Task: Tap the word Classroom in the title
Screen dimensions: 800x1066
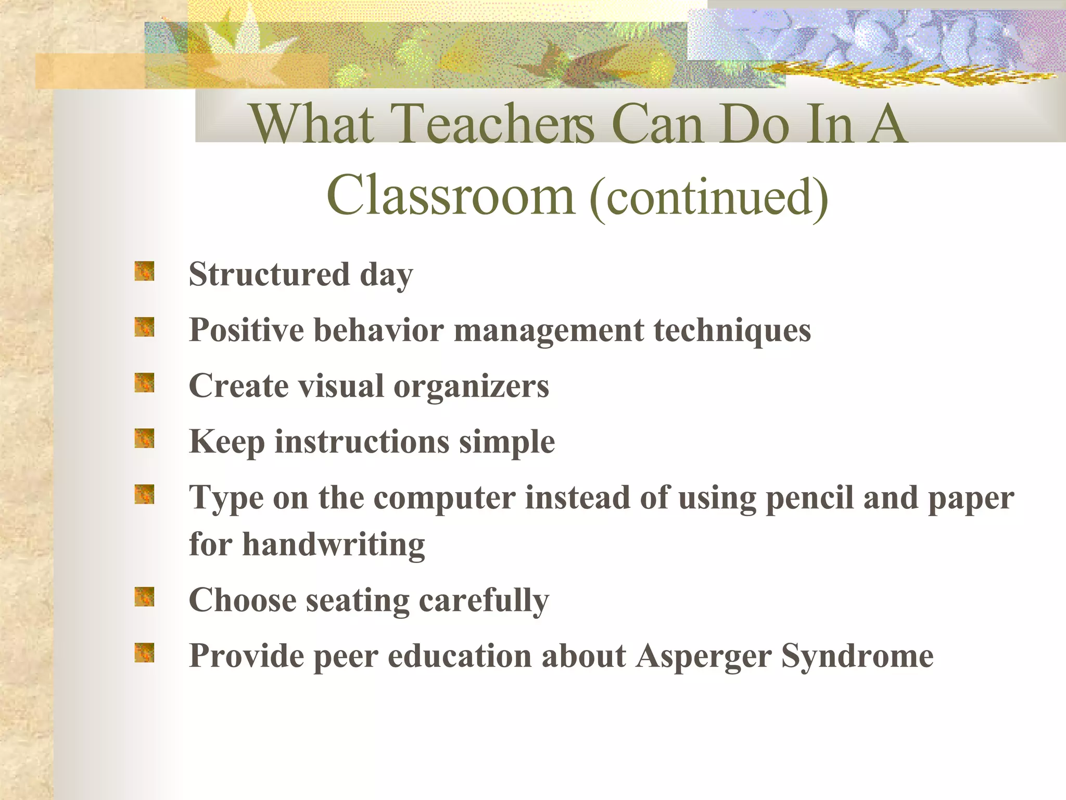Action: click(x=451, y=196)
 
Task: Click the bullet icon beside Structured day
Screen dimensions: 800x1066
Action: click(x=144, y=271)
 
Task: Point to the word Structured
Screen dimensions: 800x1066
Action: click(x=269, y=274)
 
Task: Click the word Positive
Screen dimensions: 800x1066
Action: click(x=246, y=330)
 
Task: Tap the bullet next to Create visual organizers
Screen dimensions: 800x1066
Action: click(x=144, y=383)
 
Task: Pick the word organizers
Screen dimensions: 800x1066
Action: click(x=471, y=386)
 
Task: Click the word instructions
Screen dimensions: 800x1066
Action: click(x=362, y=442)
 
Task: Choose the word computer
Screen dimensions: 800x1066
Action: click(x=445, y=498)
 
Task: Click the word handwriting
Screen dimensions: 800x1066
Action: click(x=334, y=545)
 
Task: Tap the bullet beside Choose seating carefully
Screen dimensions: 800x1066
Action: click(x=144, y=597)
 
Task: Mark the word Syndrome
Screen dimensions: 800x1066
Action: click(x=857, y=656)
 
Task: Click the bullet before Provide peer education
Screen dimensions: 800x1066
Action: click(x=144, y=653)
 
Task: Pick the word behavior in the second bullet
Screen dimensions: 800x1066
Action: click(x=378, y=330)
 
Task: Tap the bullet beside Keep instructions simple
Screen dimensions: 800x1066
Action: click(x=144, y=439)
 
